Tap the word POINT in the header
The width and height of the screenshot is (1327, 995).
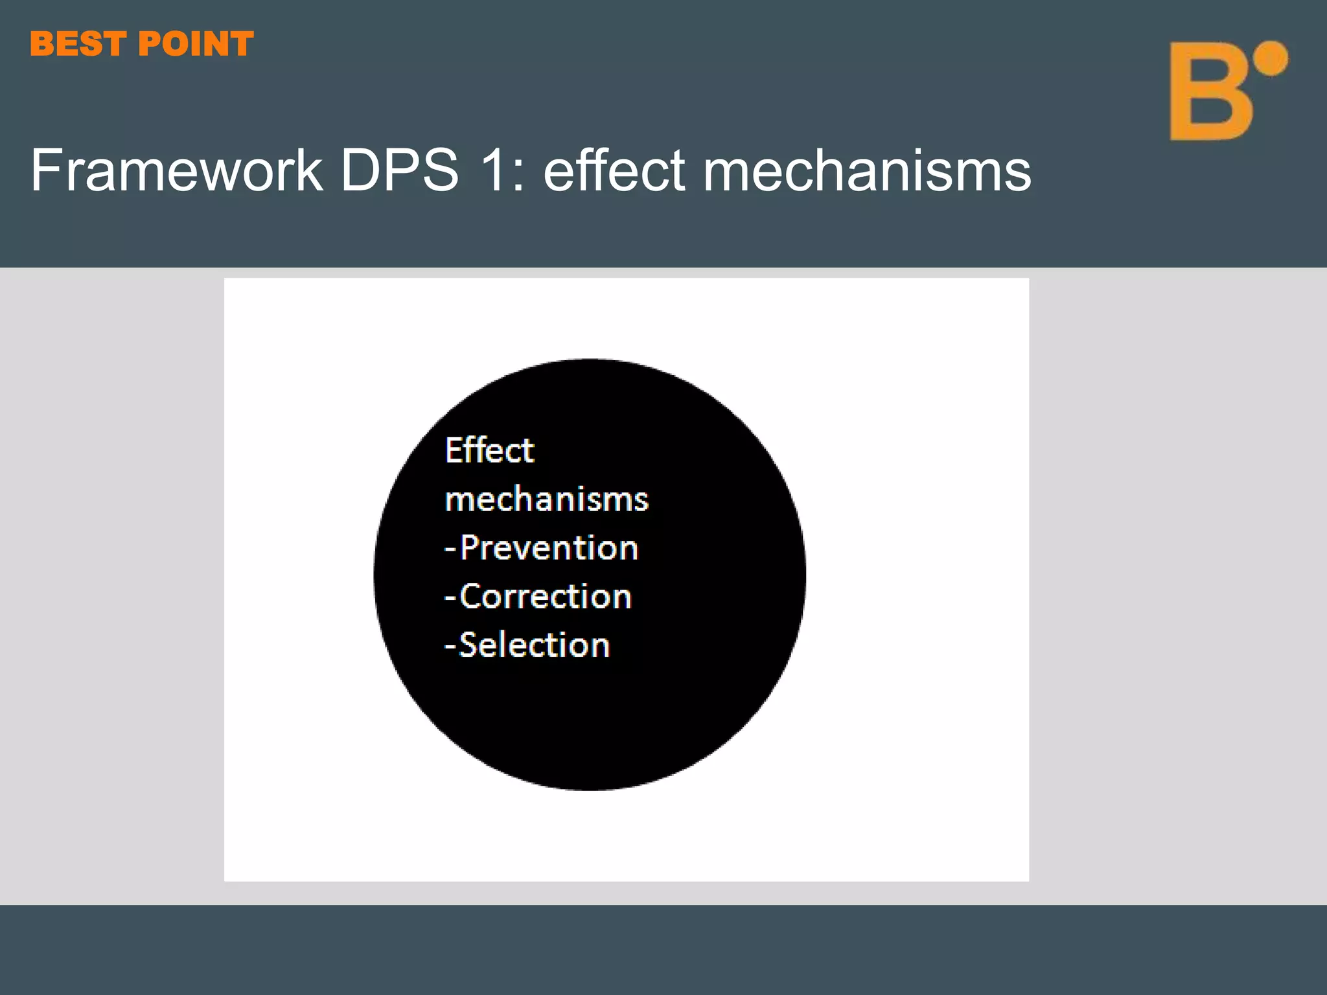[x=196, y=44]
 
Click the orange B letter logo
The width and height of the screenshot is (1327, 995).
[x=1208, y=91]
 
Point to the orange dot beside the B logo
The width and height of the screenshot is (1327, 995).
[x=1270, y=58]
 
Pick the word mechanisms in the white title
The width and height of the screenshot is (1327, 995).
[x=866, y=171]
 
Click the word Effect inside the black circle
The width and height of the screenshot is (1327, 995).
[x=489, y=450]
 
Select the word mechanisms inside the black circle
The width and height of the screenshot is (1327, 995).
[x=546, y=499]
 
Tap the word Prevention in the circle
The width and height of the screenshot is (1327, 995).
[x=549, y=548]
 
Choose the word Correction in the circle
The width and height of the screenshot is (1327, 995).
[x=545, y=597]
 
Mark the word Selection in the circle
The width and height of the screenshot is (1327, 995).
[x=534, y=645]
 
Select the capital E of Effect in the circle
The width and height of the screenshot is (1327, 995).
[x=454, y=450]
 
